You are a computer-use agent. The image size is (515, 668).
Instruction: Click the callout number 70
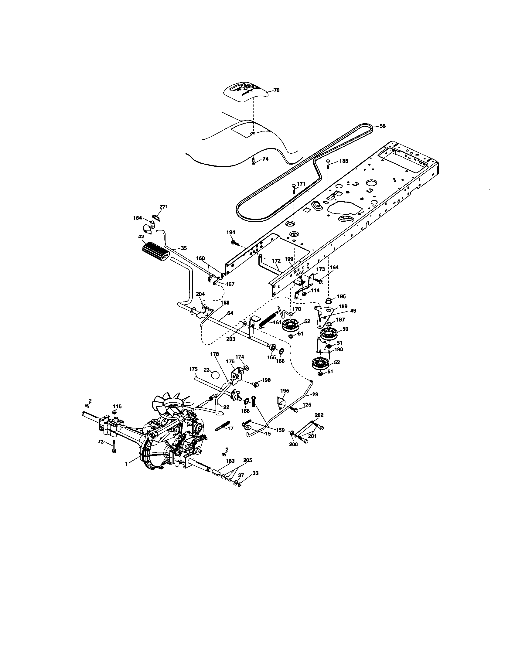(276, 90)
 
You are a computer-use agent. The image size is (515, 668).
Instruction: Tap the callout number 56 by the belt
(382, 126)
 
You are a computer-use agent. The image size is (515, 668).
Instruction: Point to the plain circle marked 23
(216, 375)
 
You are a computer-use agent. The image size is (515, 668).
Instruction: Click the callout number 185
(344, 161)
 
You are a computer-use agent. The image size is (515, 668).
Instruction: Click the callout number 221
(164, 207)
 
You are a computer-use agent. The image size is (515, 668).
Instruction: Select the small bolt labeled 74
(254, 161)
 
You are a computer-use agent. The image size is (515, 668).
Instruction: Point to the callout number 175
(193, 369)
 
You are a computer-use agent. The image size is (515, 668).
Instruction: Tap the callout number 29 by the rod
(315, 394)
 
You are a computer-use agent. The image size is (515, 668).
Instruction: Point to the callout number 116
(117, 406)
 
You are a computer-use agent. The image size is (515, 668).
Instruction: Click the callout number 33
(256, 473)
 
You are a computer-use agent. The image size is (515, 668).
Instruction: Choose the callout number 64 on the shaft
(230, 314)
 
